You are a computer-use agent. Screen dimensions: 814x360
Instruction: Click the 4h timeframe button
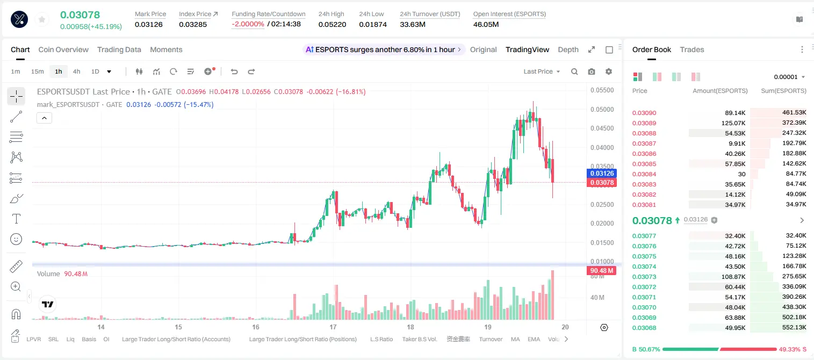(76, 71)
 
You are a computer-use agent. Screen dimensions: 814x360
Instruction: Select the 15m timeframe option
(38, 71)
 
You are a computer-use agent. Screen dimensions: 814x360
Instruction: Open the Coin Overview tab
(63, 49)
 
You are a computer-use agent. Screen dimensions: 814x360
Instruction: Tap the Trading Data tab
(119, 49)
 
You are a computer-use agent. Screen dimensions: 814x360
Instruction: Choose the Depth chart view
(568, 49)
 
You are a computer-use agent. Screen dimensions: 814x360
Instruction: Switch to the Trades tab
(691, 49)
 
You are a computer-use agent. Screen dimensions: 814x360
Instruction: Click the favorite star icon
(42, 19)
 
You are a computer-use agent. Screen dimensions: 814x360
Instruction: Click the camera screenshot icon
(592, 71)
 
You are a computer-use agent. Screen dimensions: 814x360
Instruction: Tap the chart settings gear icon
(609, 71)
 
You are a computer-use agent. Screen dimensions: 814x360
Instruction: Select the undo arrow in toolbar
(234, 71)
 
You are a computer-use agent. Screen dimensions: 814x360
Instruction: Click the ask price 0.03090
(644, 113)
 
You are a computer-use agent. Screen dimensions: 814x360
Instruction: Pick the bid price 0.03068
(644, 328)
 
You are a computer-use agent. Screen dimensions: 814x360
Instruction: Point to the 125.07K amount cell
(733, 123)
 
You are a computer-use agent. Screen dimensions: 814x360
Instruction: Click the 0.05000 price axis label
(602, 110)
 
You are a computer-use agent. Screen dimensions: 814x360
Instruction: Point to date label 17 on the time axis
(333, 327)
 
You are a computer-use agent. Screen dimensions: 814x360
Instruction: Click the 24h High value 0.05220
(332, 24)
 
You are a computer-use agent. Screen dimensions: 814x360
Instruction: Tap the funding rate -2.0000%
(248, 24)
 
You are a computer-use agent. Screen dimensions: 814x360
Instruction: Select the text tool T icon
(16, 219)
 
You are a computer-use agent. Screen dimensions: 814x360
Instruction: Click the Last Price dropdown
(542, 71)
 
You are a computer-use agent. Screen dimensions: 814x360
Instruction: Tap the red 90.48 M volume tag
(601, 271)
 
